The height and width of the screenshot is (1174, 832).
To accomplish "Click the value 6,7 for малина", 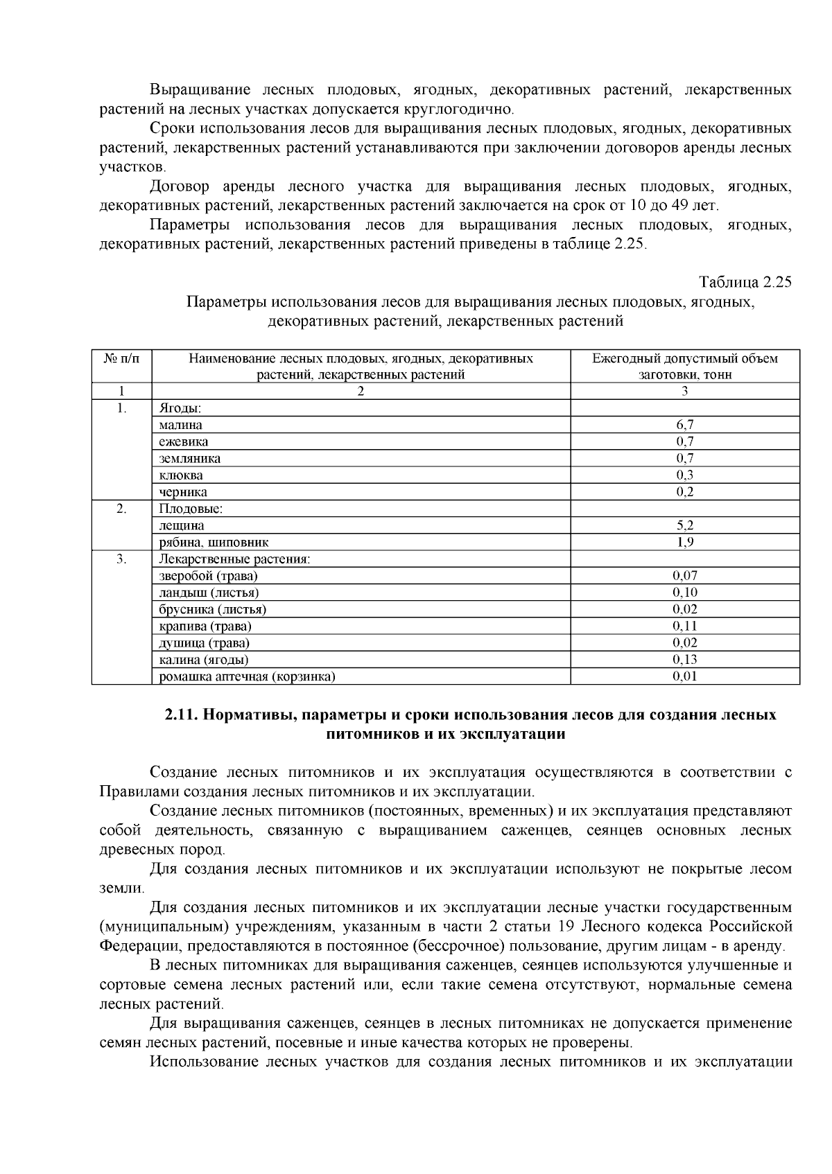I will (684, 425).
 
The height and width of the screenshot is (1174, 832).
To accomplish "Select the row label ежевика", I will (183, 441).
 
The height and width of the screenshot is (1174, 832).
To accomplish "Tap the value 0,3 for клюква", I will (684, 475).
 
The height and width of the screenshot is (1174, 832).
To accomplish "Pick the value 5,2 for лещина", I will (684, 525).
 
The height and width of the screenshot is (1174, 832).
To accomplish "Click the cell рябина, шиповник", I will (214, 542).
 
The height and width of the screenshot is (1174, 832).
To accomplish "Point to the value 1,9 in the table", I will (684, 542).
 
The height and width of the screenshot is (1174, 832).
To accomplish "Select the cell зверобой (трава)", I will (208, 575).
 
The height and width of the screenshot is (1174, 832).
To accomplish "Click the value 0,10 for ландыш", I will (684, 592).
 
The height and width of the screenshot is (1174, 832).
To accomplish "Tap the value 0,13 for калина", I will (684, 659).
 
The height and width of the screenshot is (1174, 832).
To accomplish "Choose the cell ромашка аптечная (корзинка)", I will (247, 676).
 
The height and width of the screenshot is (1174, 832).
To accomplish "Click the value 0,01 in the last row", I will (684, 676).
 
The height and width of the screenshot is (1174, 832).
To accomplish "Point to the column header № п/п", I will (121, 358).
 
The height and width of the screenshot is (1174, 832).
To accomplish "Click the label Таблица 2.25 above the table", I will (745, 282).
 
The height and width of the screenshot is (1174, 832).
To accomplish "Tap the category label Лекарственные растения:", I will (234, 559).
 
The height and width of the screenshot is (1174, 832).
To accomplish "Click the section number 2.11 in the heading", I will (181, 715).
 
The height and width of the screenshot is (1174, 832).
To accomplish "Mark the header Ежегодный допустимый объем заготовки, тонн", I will (684, 366).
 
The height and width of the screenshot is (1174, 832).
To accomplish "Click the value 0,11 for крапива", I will (684, 626).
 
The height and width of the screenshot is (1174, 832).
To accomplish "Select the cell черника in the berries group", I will (183, 492).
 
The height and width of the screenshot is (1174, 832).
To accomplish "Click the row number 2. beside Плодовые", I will (121, 509).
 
